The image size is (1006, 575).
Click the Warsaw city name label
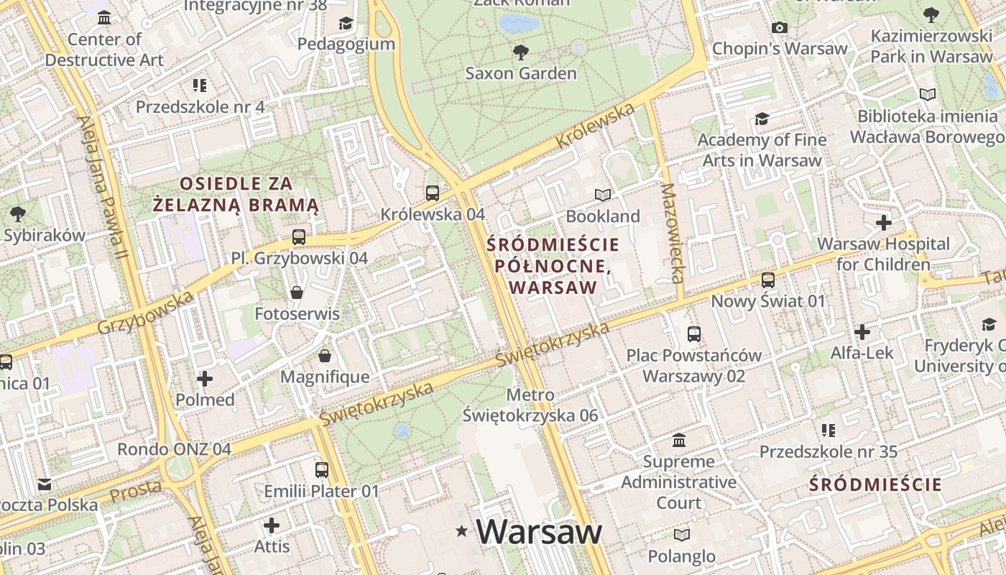point(538,532)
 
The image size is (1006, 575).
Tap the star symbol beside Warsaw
point(461,532)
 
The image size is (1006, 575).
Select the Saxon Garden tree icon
point(521,52)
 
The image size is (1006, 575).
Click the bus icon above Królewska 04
point(432,193)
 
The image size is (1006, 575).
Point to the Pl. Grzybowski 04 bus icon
point(299,236)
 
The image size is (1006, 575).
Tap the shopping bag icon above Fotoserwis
point(296,293)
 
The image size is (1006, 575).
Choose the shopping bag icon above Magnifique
point(325,356)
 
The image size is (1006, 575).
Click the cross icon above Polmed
point(205,378)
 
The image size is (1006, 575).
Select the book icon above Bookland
point(602,195)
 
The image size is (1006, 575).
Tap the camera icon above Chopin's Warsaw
point(779,28)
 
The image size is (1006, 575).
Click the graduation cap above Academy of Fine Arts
point(762,119)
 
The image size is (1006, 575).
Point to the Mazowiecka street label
point(671,233)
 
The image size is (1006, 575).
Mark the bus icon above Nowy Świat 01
point(768,280)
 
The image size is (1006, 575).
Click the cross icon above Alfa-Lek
point(862,332)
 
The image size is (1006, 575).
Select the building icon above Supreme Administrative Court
point(679,440)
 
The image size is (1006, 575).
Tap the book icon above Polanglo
point(681,535)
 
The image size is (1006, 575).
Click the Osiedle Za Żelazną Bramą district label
point(236,194)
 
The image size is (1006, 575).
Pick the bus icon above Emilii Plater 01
point(322,470)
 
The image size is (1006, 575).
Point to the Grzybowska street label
point(145,313)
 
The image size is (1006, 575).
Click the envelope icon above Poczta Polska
point(45,484)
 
